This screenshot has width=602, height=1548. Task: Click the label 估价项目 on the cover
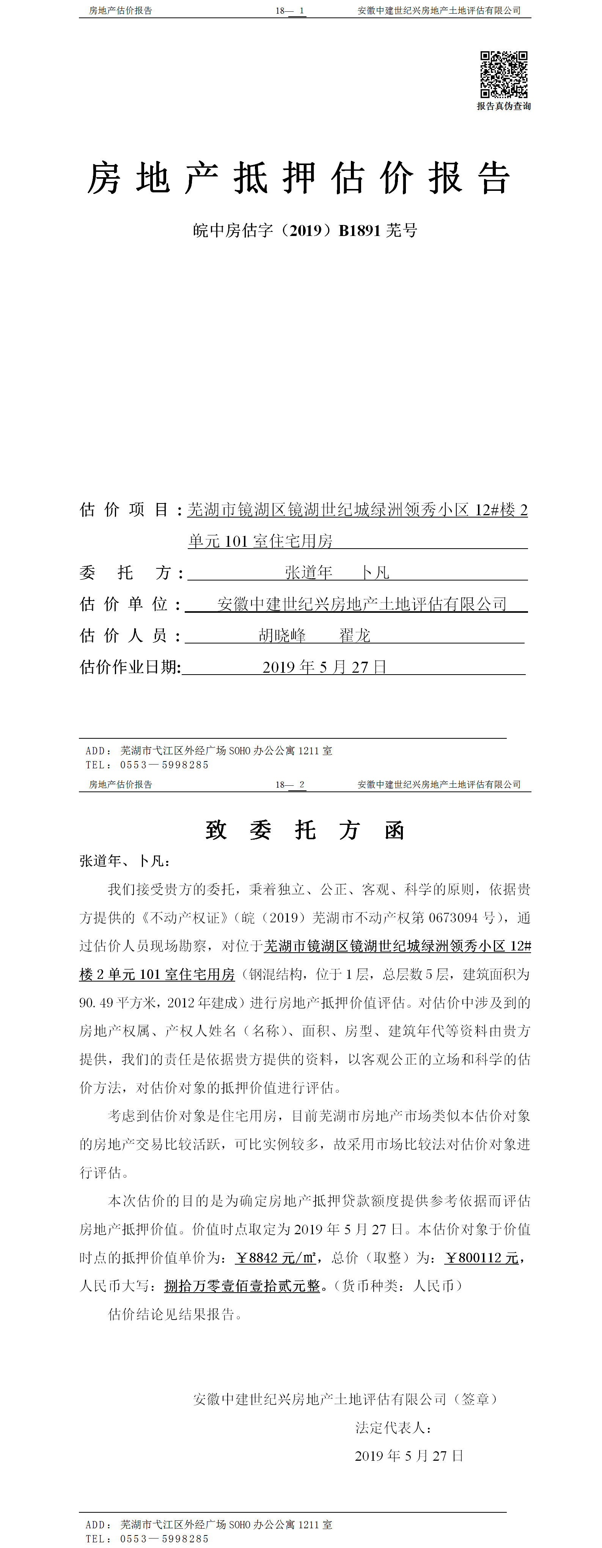pyautogui.click(x=124, y=510)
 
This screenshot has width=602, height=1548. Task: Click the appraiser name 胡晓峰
pyautogui.click(x=282, y=636)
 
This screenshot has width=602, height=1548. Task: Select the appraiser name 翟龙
pyautogui.click(x=355, y=636)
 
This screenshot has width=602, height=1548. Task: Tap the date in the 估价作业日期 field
pyautogui.click(x=324, y=667)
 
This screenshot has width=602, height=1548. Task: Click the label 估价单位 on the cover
pyautogui.click(x=124, y=604)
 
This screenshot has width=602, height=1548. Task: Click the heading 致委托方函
pyautogui.click(x=305, y=831)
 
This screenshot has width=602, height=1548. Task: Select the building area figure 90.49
pyautogui.click(x=96, y=1003)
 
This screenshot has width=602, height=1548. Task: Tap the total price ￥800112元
pyautogui.click(x=482, y=1258)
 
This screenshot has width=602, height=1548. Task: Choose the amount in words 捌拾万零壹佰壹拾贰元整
pyautogui.click(x=242, y=1286)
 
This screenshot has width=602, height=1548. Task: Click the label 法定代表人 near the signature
pyautogui.click(x=392, y=1428)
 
